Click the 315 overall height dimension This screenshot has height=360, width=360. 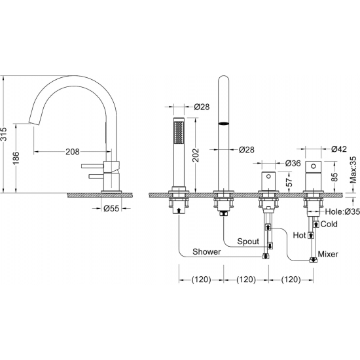click(4, 134)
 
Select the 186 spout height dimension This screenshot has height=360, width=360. click(16, 158)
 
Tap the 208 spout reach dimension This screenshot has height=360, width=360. click(73, 152)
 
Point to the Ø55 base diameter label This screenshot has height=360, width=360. click(111, 208)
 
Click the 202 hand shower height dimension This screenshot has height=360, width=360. click(196, 155)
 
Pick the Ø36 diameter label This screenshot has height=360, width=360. click(293, 163)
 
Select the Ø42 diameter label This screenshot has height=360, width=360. click(339, 149)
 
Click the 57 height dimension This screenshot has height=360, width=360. click(289, 182)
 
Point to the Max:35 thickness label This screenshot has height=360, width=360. click(353, 170)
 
